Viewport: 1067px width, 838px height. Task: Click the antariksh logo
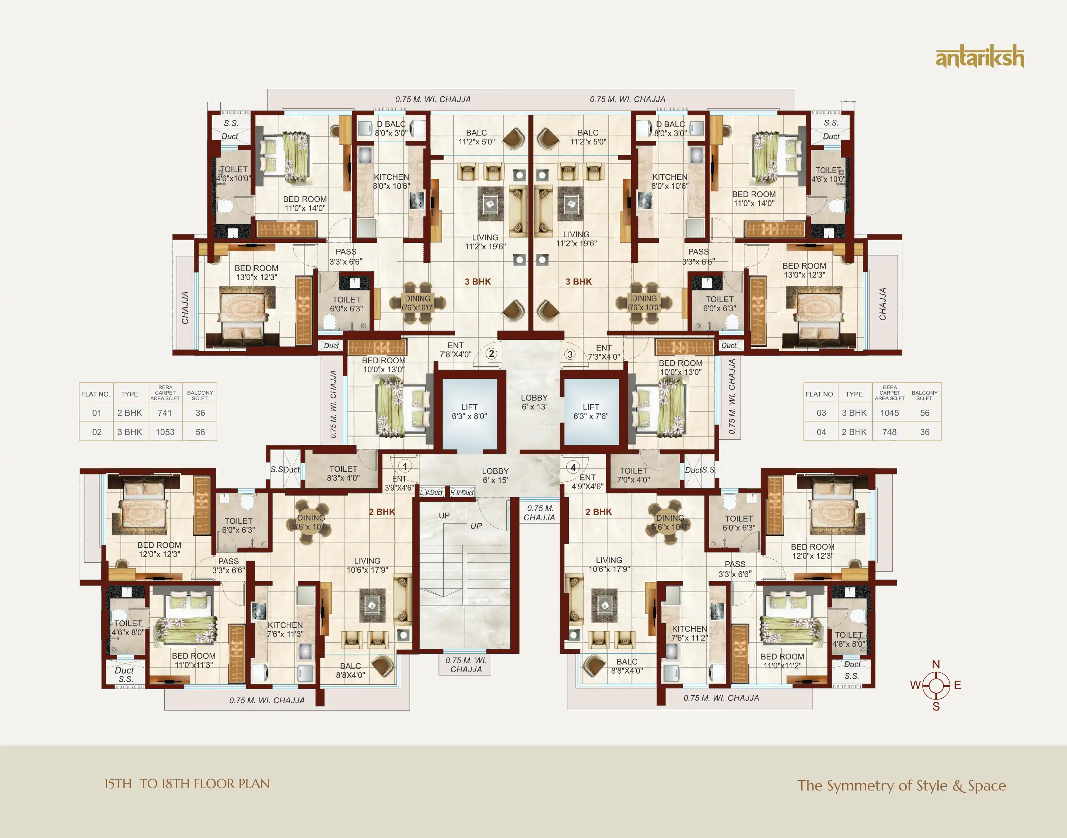[980, 57]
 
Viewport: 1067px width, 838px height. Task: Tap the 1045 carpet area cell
[889, 413]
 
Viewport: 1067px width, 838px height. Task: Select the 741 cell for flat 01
[165, 413]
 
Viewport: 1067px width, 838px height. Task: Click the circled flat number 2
[491, 354]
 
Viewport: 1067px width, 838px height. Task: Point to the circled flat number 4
[573, 467]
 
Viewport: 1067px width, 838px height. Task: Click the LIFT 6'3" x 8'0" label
[469, 412]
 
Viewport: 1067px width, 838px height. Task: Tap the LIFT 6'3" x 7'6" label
[591, 412]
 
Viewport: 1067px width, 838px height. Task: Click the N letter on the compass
[936, 664]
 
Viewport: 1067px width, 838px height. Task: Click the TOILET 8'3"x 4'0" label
[343, 474]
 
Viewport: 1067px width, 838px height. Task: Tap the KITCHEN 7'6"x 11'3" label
[285, 629]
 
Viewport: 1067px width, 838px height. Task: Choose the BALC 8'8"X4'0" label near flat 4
[627, 666]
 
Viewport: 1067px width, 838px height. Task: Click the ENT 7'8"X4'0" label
[455, 350]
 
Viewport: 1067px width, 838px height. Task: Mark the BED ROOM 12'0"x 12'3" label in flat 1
[160, 549]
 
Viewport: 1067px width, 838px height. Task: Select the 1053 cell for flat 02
[165, 432]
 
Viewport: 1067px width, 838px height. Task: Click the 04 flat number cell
[821, 432]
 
